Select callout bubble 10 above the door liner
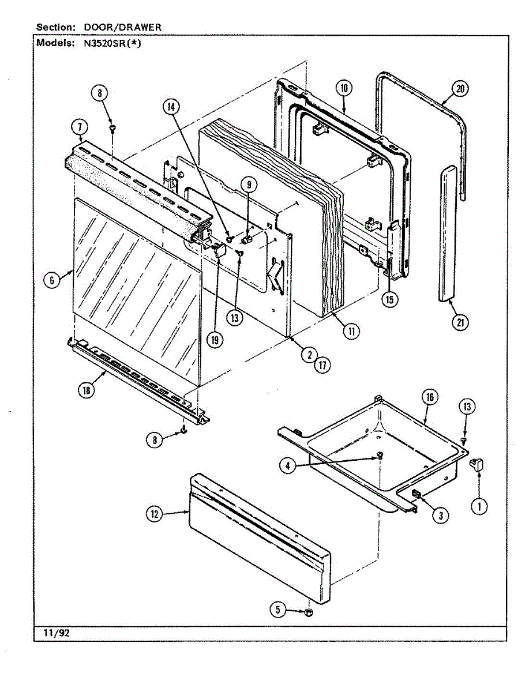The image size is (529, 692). tap(344, 88)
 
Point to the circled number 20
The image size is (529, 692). tap(460, 89)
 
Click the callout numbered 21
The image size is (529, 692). tap(460, 322)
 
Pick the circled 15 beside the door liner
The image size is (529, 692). tap(391, 299)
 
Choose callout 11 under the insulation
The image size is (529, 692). tap(351, 330)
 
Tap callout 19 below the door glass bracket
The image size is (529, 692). tap(215, 340)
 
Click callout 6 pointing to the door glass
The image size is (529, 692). tap(52, 280)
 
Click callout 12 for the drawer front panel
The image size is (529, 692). tap(154, 515)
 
